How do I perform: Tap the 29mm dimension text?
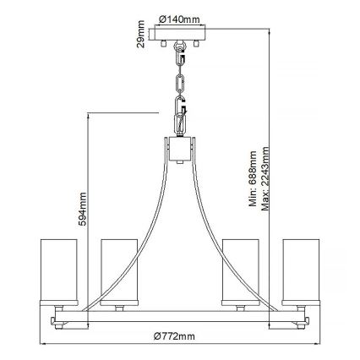coord(141,39)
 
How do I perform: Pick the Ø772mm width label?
coord(179,336)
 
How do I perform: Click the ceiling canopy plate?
coord(179,36)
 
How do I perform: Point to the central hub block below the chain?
coord(179,149)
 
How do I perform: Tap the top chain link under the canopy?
coord(179,56)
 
